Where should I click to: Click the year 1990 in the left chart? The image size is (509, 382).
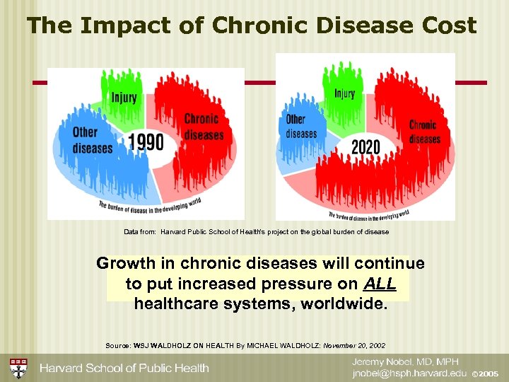(x=146, y=143)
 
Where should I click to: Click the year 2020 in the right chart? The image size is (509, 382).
(x=365, y=148)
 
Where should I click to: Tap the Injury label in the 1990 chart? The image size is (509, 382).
(x=124, y=98)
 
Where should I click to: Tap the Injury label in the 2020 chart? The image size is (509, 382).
(x=344, y=94)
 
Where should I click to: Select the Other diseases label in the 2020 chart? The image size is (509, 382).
(x=301, y=127)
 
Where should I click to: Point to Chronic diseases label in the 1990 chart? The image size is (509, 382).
(x=204, y=127)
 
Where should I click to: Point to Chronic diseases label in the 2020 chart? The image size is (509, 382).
(x=423, y=132)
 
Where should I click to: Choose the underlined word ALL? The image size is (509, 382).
(x=380, y=284)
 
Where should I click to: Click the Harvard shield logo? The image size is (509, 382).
(x=18, y=368)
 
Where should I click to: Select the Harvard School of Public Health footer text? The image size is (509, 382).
(x=124, y=368)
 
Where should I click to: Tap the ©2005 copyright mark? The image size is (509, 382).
(x=485, y=374)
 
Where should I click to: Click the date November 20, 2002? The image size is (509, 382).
(x=353, y=345)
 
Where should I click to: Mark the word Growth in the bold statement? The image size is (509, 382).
(x=124, y=264)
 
